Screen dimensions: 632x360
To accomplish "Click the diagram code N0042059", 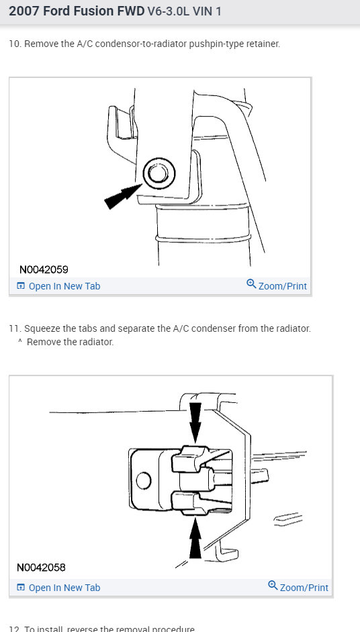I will coord(44,269).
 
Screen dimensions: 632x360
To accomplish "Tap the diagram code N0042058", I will coord(42,567).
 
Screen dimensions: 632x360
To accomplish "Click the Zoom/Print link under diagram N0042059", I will coord(282,286).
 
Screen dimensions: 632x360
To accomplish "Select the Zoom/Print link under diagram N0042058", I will coord(304,588).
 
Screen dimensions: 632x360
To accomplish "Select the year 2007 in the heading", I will coord(24,12).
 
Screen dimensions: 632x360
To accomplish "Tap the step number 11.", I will coord(13,329).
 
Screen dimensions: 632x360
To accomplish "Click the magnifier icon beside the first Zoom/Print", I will coord(251,285).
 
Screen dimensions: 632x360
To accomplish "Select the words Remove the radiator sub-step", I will coord(70,342).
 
